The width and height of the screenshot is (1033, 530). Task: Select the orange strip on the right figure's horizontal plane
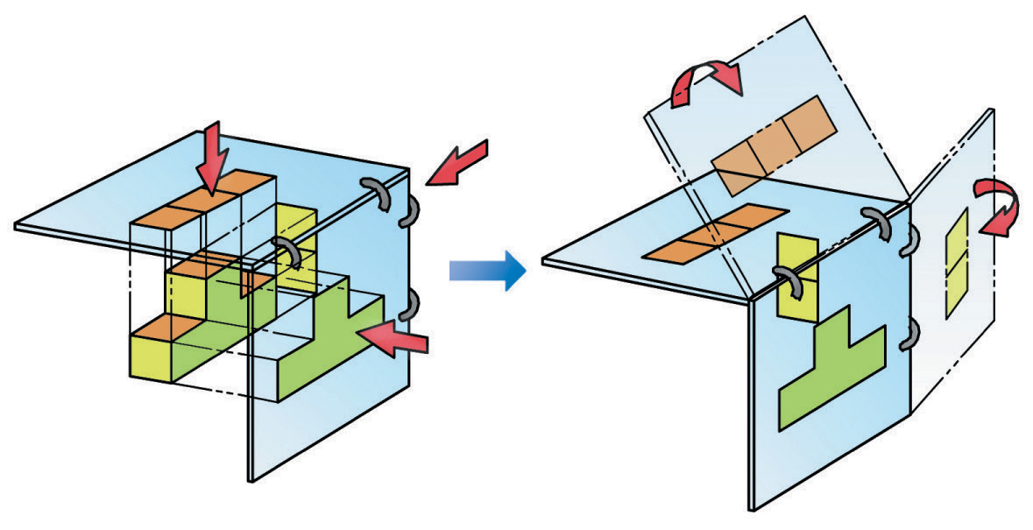[x=716, y=232]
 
